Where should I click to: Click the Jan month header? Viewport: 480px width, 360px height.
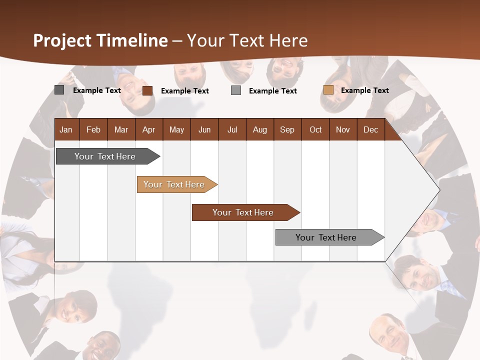[x=66, y=129]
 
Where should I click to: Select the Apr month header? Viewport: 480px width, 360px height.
[x=148, y=129]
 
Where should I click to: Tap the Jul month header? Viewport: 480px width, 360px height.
[x=232, y=129]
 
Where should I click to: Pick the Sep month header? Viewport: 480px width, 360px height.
[x=287, y=129]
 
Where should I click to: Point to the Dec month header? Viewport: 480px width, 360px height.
[x=370, y=129]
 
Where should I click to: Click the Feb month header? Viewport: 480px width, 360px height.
[x=93, y=129]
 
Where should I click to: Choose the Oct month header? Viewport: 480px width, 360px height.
[x=315, y=129]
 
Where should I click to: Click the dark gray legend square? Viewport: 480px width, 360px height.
[x=59, y=90]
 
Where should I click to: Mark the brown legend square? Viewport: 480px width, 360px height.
[x=147, y=90]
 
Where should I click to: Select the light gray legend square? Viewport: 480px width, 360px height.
[x=236, y=90]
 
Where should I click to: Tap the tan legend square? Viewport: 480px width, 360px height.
[x=328, y=90]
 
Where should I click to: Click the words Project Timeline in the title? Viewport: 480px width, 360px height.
[x=100, y=40]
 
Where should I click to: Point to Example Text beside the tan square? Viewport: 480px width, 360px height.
[x=364, y=90]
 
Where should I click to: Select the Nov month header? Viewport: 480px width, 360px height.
[x=343, y=129]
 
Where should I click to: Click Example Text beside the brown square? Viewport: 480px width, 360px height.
[x=184, y=91]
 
